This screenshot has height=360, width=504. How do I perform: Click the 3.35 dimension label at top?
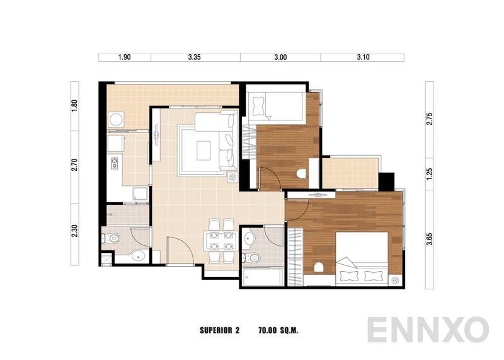coord(194,57)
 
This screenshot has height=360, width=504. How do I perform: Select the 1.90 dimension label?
coord(124,57)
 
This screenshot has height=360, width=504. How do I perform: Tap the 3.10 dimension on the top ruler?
coord(362,57)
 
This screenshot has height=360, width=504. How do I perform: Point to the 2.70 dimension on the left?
coord(74,165)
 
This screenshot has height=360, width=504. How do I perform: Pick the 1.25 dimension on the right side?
coord(430,173)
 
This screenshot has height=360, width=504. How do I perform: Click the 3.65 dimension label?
coord(430,238)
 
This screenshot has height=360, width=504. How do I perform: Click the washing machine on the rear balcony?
coord(115,119)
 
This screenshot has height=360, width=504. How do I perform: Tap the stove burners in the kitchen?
coord(115,164)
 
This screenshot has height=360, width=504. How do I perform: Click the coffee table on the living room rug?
coord(203,150)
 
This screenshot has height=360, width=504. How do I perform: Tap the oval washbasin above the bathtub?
coord(249,238)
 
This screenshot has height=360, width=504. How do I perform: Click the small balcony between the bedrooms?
coord(349,173)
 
